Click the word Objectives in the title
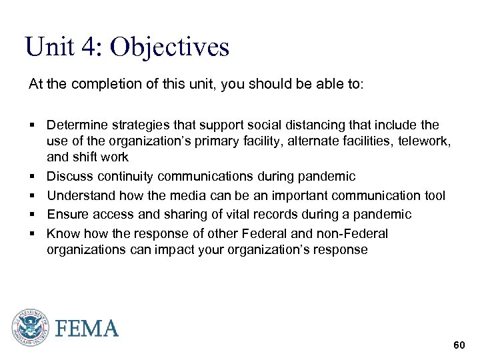coord(169,47)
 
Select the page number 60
coord(459,345)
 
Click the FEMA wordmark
coord(87,328)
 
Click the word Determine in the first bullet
coord(75,125)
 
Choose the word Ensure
coord(67,214)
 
